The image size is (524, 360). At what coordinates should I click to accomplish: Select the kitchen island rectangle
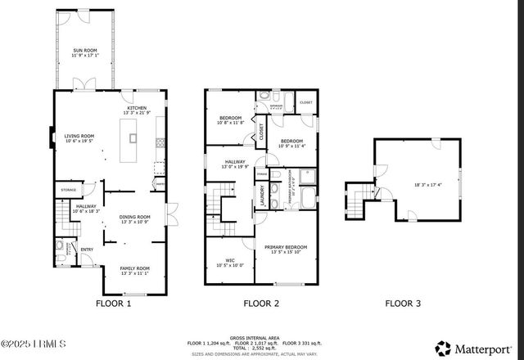click(128, 140)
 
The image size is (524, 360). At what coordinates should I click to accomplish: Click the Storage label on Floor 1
click(69, 190)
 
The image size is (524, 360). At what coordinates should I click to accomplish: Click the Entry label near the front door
click(86, 250)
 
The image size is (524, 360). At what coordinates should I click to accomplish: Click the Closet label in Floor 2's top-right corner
click(305, 102)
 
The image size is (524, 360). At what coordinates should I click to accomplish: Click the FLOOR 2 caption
click(261, 304)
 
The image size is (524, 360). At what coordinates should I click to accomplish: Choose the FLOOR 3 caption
click(403, 304)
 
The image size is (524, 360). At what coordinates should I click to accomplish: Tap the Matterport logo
click(476, 346)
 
